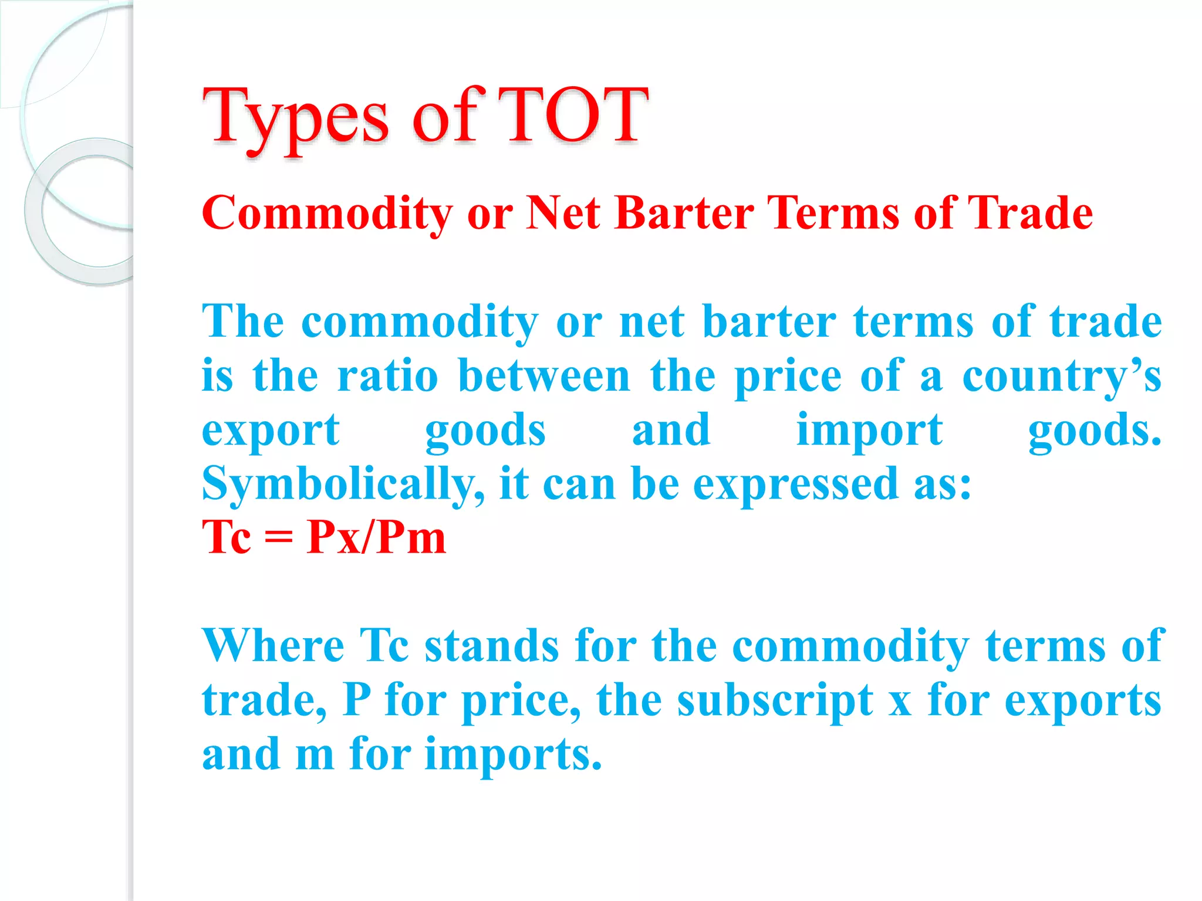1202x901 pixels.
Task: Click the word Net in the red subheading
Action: (563, 212)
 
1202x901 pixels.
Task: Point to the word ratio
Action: (387, 376)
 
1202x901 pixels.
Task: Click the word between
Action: (544, 376)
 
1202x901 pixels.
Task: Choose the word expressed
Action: (795, 485)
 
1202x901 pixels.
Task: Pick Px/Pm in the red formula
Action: (376, 537)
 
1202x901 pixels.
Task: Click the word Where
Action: (273, 646)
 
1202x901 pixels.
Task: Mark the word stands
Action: (492, 646)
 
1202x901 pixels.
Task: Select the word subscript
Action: (775, 700)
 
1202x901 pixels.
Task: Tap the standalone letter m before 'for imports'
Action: (315, 756)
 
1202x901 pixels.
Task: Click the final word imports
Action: (514, 756)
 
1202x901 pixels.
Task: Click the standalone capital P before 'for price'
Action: (357, 699)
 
